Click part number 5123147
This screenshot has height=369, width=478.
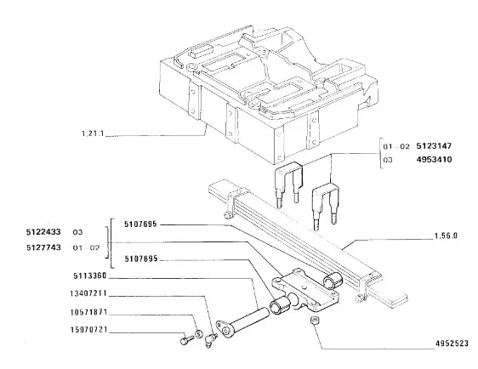(x=434, y=146)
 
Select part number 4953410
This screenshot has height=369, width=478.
(x=434, y=159)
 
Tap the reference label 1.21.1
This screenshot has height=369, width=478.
(x=93, y=133)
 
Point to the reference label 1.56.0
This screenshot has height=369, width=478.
(x=446, y=236)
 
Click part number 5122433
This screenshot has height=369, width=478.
(x=43, y=232)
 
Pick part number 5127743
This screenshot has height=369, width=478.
(x=43, y=247)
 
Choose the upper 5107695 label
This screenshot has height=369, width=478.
(x=140, y=224)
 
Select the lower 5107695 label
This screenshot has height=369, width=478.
(x=141, y=258)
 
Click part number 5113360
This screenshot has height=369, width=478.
(x=90, y=276)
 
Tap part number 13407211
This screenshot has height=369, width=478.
(x=88, y=293)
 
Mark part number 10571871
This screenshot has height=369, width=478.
(x=88, y=312)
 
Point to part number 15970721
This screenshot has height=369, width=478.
(x=88, y=330)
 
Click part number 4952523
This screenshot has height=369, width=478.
(x=452, y=343)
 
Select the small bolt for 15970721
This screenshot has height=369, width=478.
(x=186, y=340)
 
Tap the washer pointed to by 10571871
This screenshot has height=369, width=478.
(x=198, y=334)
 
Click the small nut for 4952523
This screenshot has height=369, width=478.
(x=315, y=321)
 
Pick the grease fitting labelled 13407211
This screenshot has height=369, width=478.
(x=211, y=340)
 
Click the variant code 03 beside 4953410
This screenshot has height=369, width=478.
(x=388, y=160)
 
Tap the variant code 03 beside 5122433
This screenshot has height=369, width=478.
(x=77, y=232)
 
